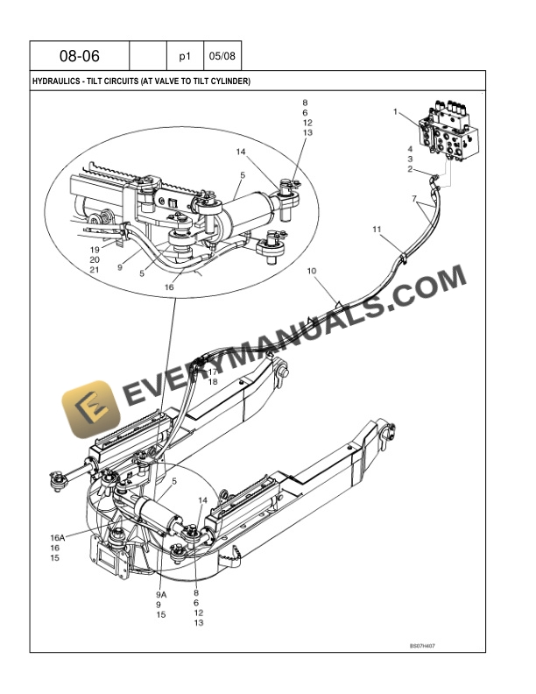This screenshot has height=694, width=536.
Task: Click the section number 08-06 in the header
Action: [x=80, y=57]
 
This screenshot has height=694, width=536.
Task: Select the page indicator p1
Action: [x=185, y=57]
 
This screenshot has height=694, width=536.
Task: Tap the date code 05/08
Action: [x=222, y=57]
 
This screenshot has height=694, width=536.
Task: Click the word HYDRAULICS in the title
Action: [x=54, y=81]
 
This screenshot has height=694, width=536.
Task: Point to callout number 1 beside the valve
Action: [x=396, y=112]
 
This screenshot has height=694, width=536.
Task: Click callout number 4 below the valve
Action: [x=409, y=149]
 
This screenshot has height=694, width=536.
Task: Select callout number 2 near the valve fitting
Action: [x=409, y=169]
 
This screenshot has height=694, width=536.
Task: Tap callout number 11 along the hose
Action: [x=377, y=230]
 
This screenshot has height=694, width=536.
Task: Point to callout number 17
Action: [x=213, y=372]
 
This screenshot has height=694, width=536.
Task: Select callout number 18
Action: [x=213, y=382]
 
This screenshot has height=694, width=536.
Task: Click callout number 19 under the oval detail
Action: [x=95, y=250]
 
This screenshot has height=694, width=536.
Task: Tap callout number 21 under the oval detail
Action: [x=95, y=271]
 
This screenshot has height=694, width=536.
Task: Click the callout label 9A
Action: [x=161, y=594]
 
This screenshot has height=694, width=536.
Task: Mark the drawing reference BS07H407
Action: [x=422, y=646]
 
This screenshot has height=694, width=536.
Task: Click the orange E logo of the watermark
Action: [x=87, y=409]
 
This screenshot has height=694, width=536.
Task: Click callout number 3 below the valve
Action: [x=409, y=159]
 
